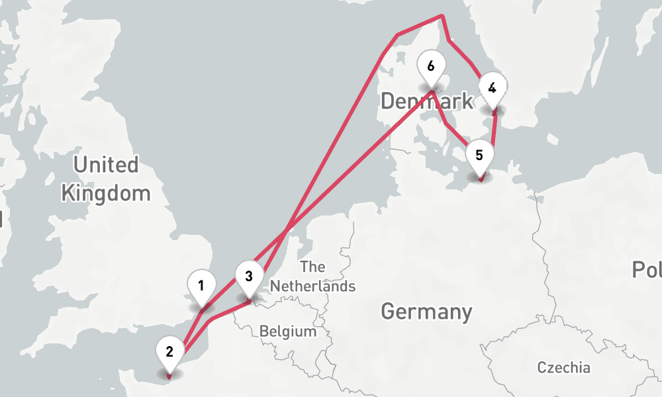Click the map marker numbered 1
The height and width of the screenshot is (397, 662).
coord(201,287)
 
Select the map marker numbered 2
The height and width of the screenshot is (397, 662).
coord(169,351)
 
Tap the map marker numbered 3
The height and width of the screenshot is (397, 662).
coord(248,276)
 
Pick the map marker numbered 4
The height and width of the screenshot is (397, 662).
coord(492,87)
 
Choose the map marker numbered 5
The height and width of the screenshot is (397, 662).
coord(479,155)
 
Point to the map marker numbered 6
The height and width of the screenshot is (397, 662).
coord(431,66)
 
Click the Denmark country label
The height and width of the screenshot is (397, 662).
coord(426,101)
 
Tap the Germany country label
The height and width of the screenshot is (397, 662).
coord(426,311)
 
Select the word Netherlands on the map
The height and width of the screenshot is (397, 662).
coord(313,287)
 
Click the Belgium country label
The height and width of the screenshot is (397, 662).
coord(287,331)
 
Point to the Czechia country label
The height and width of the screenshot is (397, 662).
coord(563,367)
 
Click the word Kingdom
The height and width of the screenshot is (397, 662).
coord(106,194)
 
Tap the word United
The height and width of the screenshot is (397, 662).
coord(106,165)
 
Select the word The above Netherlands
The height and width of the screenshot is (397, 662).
coord(312,267)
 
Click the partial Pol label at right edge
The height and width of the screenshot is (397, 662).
coord(646,269)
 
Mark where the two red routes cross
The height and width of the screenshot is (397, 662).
coord(287,230)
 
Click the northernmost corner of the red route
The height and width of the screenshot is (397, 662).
coord(442,16)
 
